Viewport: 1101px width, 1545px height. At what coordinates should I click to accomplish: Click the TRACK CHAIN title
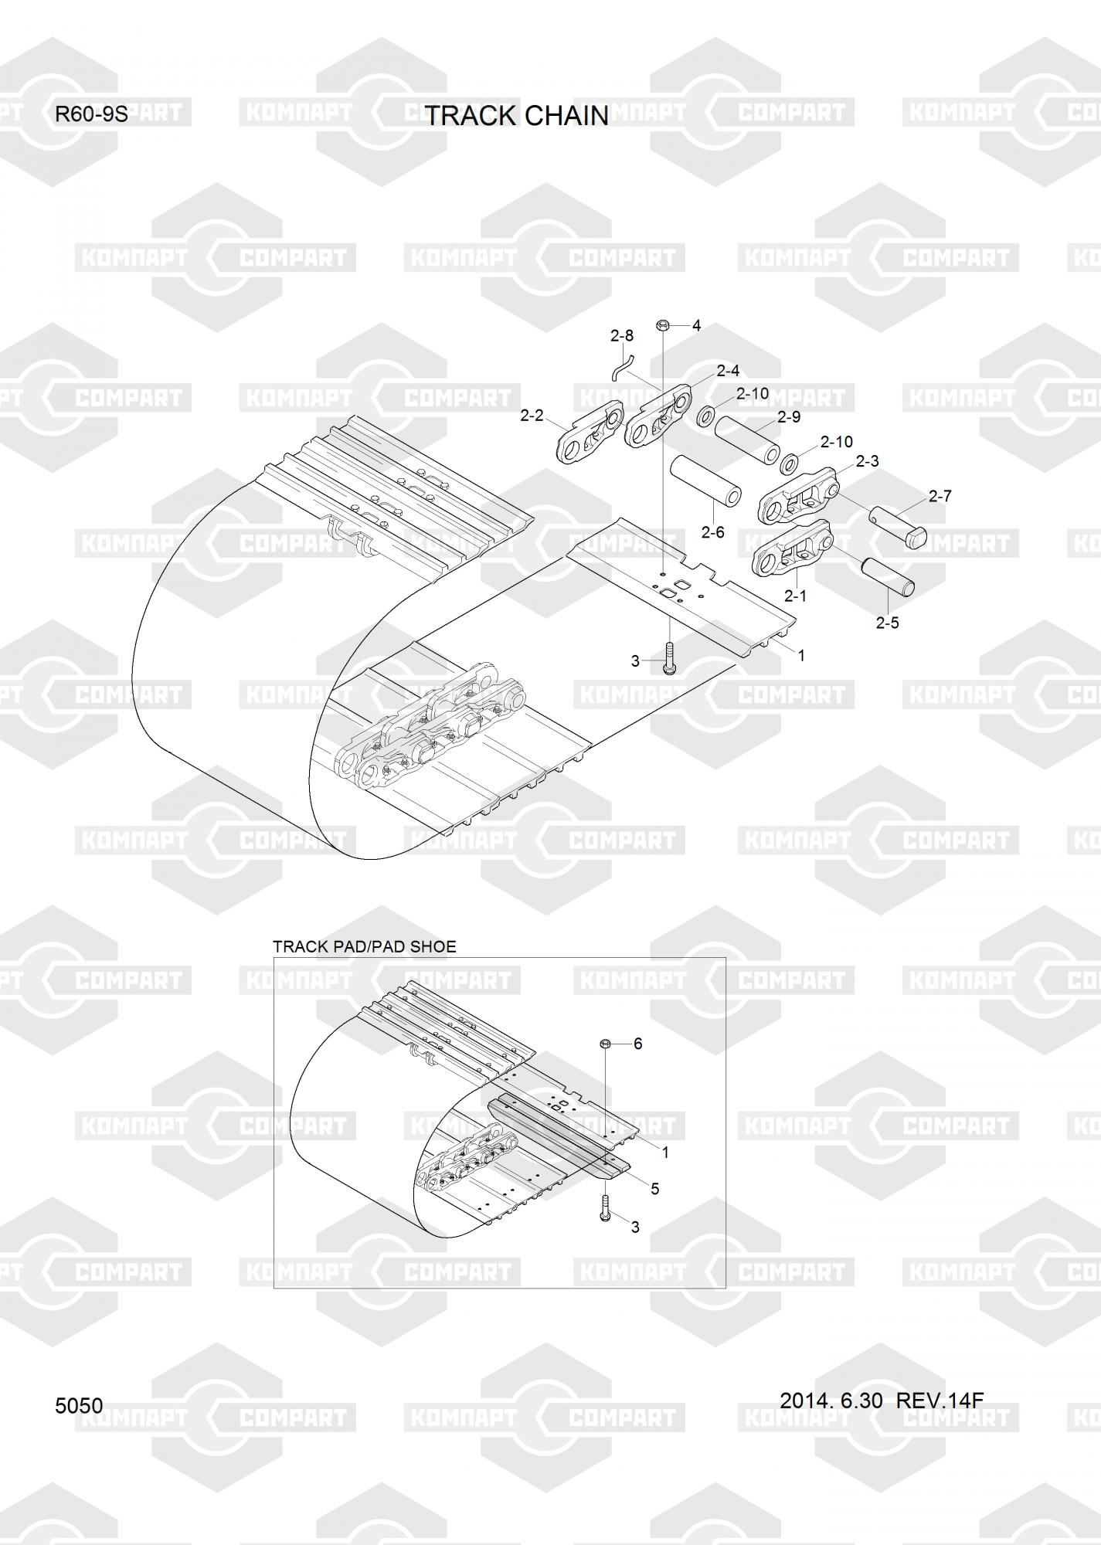pos(517,116)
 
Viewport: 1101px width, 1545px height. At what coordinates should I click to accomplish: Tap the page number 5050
pos(79,1405)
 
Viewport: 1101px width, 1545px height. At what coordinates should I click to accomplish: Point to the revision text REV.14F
pos(939,1400)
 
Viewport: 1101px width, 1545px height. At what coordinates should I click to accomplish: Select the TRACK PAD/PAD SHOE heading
pos(365,946)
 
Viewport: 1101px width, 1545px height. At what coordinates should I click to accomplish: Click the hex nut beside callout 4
pos(662,326)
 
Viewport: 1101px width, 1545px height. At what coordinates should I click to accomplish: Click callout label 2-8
pos(621,336)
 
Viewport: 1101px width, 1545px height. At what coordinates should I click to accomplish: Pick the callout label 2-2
pos(532,416)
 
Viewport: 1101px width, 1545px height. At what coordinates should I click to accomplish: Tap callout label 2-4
pos(728,372)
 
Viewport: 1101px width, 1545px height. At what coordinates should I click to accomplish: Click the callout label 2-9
pos(789,417)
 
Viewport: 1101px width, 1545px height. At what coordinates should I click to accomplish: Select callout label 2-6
pos(712,532)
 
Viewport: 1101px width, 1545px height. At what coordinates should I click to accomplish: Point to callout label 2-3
pos(867,461)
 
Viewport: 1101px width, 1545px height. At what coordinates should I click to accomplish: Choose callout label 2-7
pos(940,497)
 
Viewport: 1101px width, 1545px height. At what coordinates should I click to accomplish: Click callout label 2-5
pos(887,623)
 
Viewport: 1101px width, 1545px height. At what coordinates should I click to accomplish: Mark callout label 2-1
pos(795,596)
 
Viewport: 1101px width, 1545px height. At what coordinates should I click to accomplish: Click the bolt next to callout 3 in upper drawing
pos(669,659)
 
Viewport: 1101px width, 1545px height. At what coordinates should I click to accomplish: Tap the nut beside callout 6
pos(606,1044)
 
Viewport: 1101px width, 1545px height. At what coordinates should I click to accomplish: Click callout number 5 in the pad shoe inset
pos(655,1189)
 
